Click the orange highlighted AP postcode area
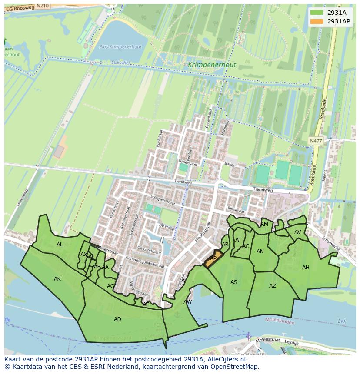click(x=213, y=259)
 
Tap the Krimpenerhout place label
click(x=212, y=65)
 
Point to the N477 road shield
click(x=316, y=141)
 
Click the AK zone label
click(x=57, y=279)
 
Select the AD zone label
click(x=117, y=319)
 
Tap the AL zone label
click(x=60, y=245)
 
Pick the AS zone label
click(x=234, y=282)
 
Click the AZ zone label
click(x=273, y=286)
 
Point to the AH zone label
click(x=306, y=268)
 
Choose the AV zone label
click(x=298, y=232)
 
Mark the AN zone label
click(x=260, y=252)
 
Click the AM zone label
click(x=264, y=224)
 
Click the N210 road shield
click(x=42, y=6)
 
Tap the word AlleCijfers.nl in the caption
click(x=226, y=359)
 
